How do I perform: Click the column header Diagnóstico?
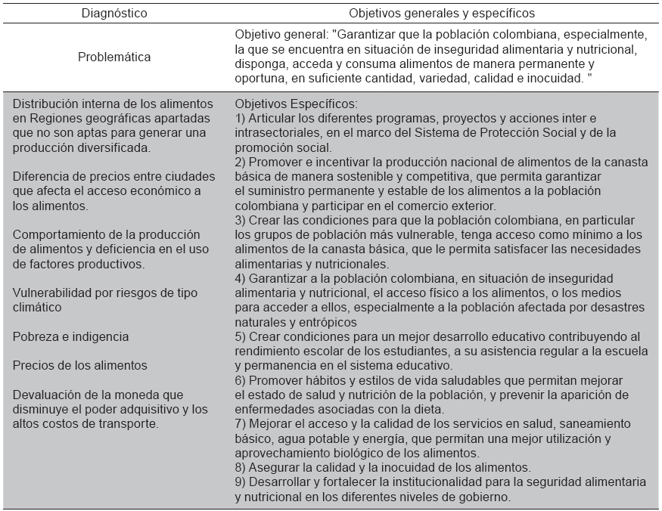tap(114, 13)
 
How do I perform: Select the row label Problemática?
tap(114, 57)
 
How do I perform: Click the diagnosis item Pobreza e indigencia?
tap(71, 336)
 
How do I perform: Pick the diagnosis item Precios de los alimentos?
tap(80, 365)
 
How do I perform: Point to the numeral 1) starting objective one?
tap(240, 119)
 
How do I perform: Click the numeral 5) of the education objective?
tap(240, 336)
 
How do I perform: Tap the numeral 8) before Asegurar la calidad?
tap(240, 468)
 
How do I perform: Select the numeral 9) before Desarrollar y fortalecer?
tap(240, 482)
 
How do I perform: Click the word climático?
tap(36, 308)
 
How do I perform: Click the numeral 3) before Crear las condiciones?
tap(240, 220)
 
